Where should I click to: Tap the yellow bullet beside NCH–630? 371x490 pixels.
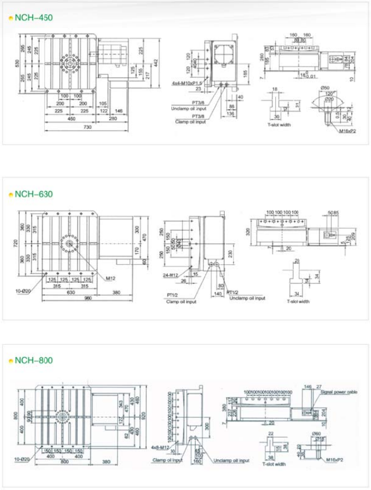tap(10, 194)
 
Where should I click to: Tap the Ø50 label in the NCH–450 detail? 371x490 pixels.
tap(325, 88)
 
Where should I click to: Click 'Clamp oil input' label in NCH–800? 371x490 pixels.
tap(168, 460)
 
